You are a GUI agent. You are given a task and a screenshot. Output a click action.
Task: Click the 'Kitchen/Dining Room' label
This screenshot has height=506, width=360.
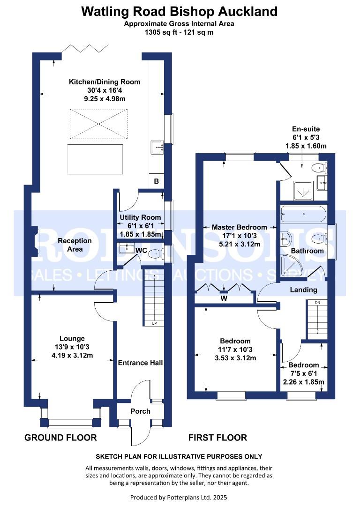click(x=105, y=82)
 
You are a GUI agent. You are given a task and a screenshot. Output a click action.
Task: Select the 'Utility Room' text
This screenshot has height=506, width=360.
click(x=141, y=217)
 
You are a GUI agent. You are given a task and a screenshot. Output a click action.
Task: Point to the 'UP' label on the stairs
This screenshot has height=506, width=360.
click(x=153, y=323)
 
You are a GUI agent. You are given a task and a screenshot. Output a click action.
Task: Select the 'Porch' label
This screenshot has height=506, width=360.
click(x=140, y=411)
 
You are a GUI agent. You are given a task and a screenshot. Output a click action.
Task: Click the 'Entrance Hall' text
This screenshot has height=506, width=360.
click(x=140, y=363)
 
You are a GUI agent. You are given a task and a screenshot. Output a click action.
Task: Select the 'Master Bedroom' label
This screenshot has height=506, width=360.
click(x=240, y=227)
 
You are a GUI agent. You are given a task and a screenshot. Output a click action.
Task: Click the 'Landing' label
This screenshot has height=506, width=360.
click(x=303, y=290)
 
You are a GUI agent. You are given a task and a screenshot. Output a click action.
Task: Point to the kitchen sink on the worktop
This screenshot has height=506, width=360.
click(x=156, y=148)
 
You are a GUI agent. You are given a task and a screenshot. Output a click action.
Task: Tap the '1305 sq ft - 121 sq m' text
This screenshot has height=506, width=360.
click(x=180, y=33)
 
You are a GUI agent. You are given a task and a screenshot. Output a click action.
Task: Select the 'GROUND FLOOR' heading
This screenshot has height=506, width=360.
click(x=60, y=438)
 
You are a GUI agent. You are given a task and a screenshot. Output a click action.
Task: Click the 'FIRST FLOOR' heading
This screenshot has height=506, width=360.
click(x=217, y=438)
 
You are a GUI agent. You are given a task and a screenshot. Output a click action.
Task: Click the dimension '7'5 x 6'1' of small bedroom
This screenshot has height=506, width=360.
click(x=303, y=373)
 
